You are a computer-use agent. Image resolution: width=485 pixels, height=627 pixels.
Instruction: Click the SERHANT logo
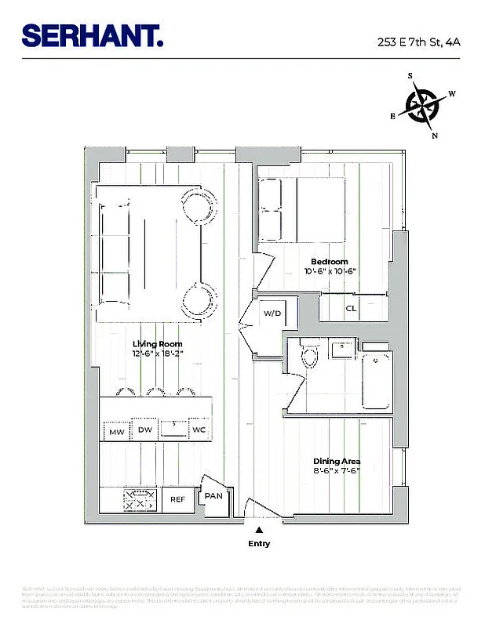[93, 35]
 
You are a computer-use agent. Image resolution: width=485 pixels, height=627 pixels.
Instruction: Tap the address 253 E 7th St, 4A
[415, 40]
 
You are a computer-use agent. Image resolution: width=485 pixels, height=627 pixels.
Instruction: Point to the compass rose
[422, 104]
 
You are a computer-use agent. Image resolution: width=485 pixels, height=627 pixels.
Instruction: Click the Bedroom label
[330, 262]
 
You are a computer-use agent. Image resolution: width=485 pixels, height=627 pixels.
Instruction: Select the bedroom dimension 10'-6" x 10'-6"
[330, 272]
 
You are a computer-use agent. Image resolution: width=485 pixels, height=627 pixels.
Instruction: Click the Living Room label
[157, 344]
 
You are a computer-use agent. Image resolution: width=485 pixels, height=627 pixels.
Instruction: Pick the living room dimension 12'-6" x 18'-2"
[157, 354]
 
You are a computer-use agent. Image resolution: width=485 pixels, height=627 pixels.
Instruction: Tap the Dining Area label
[336, 461]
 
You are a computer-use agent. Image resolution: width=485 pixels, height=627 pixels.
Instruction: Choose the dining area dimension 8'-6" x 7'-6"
[336, 471]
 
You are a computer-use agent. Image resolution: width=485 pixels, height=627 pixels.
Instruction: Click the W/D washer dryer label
[272, 313]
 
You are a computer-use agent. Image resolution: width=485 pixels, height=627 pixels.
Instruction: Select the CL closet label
[351, 308]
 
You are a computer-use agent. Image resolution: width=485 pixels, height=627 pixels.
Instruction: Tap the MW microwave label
[117, 432]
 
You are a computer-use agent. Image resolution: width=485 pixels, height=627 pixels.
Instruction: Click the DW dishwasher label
[144, 429]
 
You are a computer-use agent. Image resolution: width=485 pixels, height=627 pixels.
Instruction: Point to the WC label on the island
[199, 430]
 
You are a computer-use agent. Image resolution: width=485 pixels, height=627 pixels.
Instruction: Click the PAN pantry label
[213, 496]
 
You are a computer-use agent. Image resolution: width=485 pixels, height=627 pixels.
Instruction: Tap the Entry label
[259, 543]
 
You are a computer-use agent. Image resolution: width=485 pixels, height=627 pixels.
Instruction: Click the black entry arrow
[259, 531]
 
